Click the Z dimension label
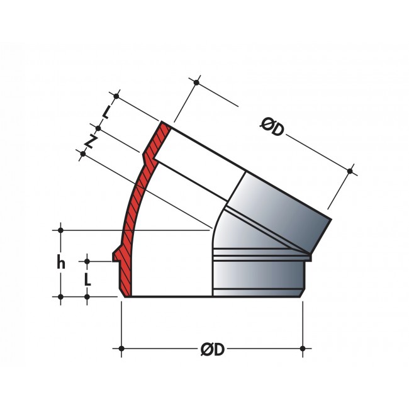click(91, 142)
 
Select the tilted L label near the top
click(106, 112)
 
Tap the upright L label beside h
click(87, 279)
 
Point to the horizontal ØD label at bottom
click(213, 349)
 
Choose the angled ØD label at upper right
click(272, 127)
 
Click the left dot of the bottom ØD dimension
click(121, 349)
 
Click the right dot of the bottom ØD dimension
click(303, 349)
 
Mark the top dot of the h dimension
click(61, 230)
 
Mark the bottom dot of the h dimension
click(61, 297)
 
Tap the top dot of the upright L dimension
click(87, 261)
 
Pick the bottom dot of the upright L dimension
click(87, 297)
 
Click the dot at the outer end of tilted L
click(116, 96)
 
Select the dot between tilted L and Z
click(98, 128)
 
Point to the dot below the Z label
click(83, 154)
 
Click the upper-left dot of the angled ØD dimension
click(196, 82)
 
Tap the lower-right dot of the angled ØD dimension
click(350, 171)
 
